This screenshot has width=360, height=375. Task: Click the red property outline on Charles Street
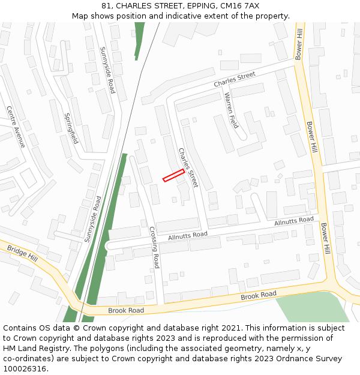(x=173, y=175)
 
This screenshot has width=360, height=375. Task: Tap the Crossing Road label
(x=154, y=247)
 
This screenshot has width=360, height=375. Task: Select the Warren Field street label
(x=231, y=110)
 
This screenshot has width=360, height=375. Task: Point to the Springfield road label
(x=71, y=128)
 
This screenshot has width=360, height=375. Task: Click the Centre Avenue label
(x=16, y=127)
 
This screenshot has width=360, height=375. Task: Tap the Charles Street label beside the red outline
(x=188, y=167)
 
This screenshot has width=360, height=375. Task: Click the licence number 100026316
(x=25, y=369)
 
